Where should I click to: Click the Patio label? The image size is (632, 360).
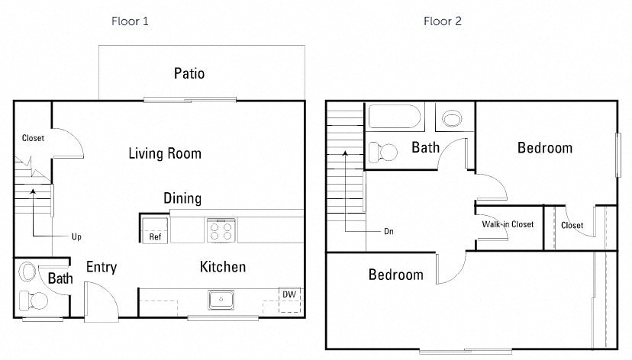click(x=189, y=74)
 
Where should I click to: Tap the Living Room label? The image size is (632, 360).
click(x=164, y=153)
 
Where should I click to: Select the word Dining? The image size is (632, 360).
click(x=182, y=198)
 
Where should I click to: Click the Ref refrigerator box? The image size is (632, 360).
click(x=155, y=229)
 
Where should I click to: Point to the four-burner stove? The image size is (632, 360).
click(x=221, y=230)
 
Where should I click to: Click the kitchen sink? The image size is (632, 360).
click(x=221, y=300)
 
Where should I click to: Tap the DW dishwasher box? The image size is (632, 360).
click(x=289, y=295)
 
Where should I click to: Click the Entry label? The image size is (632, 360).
click(x=101, y=267)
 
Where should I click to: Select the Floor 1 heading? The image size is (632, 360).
click(x=130, y=21)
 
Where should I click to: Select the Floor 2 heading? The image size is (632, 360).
click(x=443, y=21)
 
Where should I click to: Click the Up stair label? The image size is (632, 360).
click(x=76, y=236)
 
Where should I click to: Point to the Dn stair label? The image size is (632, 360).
click(x=389, y=231)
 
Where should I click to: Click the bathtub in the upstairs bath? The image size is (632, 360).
click(x=394, y=118)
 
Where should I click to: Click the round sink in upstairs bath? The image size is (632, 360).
click(x=453, y=119)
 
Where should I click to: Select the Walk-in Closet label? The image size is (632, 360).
click(x=508, y=224)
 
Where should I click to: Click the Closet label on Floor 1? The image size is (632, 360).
click(x=33, y=138)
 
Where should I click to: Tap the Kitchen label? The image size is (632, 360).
click(x=223, y=267)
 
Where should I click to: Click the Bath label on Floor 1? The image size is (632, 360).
click(x=60, y=278)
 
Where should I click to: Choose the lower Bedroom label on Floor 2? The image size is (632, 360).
click(x=395, y=275)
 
